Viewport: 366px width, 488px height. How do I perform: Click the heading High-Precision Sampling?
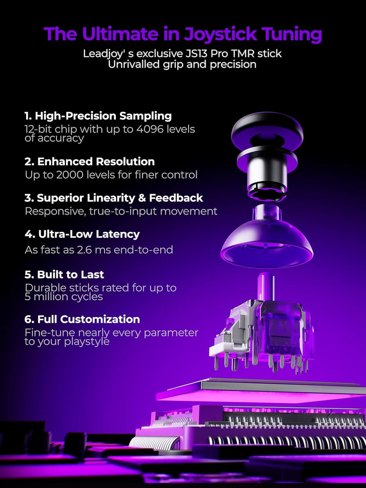click(x=98, y=116)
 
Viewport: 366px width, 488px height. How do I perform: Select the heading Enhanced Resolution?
click(x=90, y=162)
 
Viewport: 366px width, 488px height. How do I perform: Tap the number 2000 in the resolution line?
click(x=70, y=175)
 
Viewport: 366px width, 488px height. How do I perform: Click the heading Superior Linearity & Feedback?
click(x=114, y=198)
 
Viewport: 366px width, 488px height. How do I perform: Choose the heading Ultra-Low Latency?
click(x=82, y=234)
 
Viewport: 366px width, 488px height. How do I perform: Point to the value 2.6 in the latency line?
click(x=84, y=250)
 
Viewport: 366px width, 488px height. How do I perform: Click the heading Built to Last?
click(x=64, y=275)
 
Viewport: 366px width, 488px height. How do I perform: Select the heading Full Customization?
click(x=82, y=319)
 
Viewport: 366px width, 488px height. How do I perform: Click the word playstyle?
click(x=87, y=342)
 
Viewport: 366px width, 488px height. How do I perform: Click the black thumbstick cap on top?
click(x=267, y=131)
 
